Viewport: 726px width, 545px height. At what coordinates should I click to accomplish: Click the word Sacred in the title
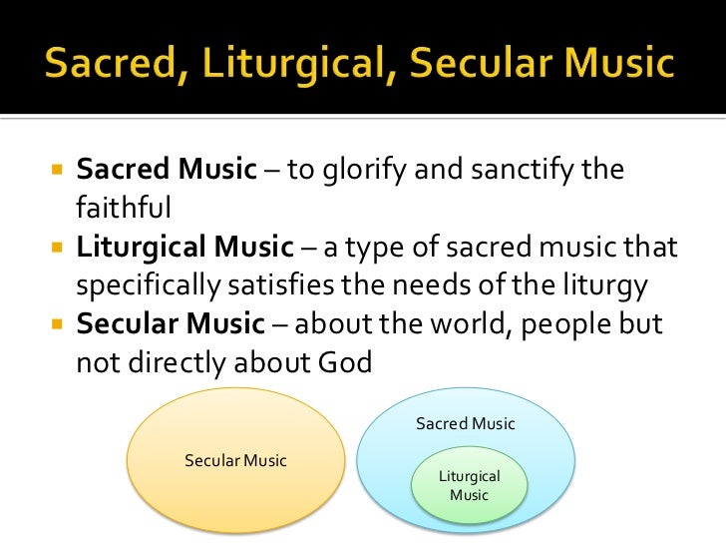[107, 66]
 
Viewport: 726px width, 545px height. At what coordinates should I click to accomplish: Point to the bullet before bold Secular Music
[56, 324]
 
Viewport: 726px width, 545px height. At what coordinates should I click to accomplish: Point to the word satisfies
[292, 285]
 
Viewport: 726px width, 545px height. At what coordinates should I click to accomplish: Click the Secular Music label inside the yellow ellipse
[235, 461]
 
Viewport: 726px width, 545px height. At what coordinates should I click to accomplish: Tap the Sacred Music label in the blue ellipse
[465, 424]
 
